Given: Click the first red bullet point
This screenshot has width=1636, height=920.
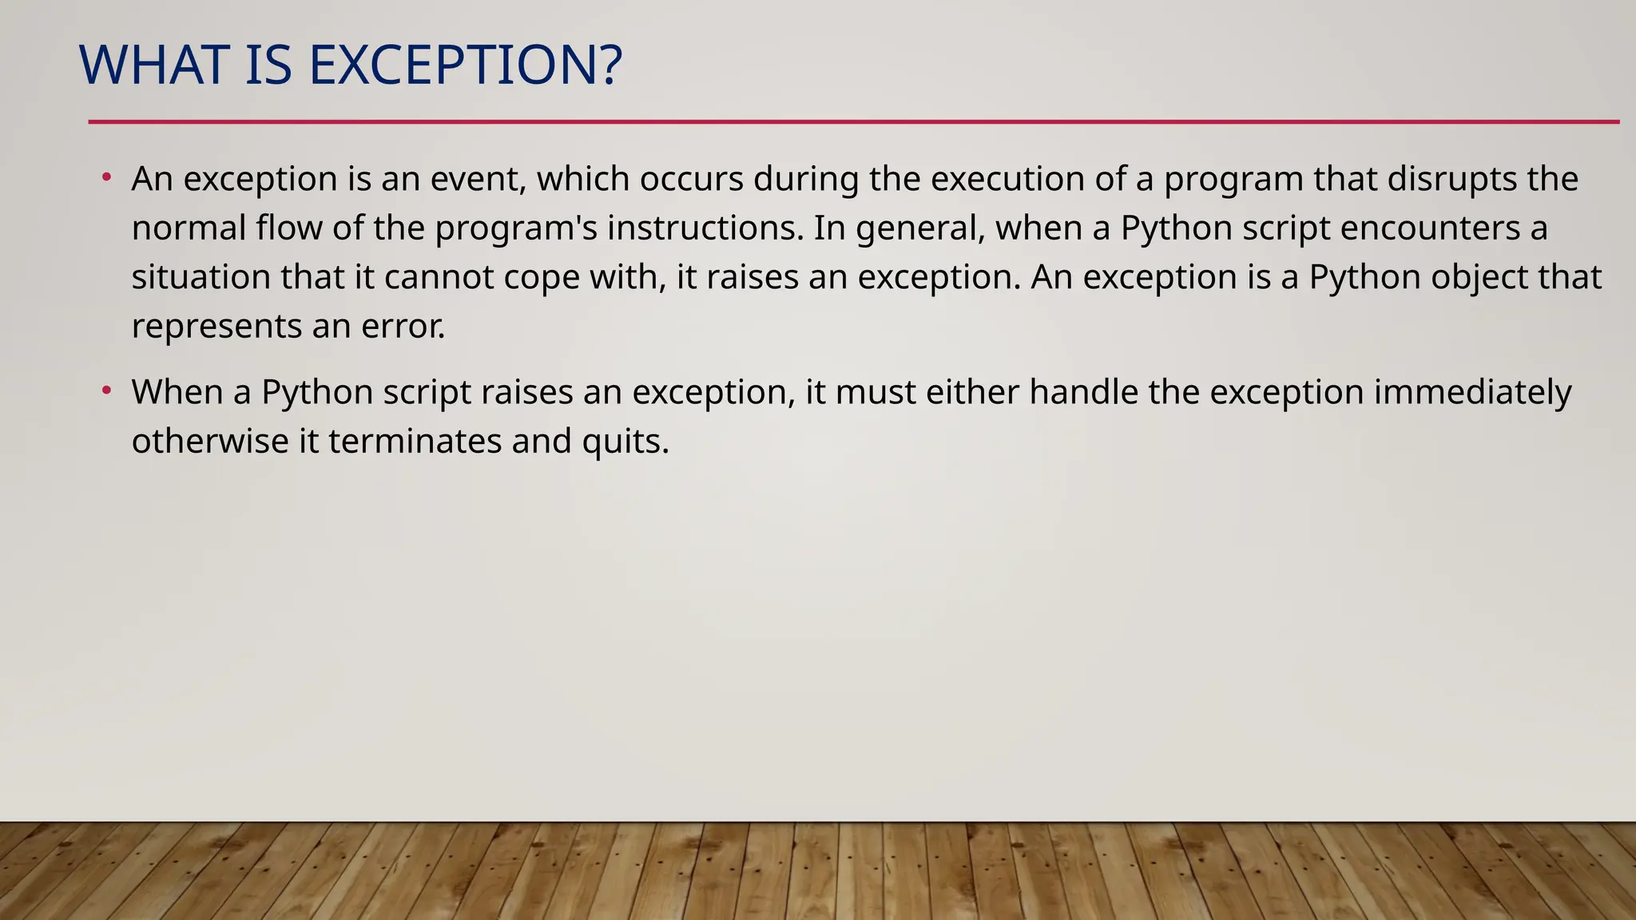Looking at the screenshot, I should pos(106,176).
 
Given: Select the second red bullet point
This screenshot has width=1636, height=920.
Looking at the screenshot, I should pos(106,391).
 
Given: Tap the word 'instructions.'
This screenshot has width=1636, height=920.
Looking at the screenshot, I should pos(705,228).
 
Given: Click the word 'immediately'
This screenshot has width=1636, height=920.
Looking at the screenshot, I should pos(1472,392).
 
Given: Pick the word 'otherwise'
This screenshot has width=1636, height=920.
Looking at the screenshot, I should pos(210,442).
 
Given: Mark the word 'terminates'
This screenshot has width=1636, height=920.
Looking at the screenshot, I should pos(415,442).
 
